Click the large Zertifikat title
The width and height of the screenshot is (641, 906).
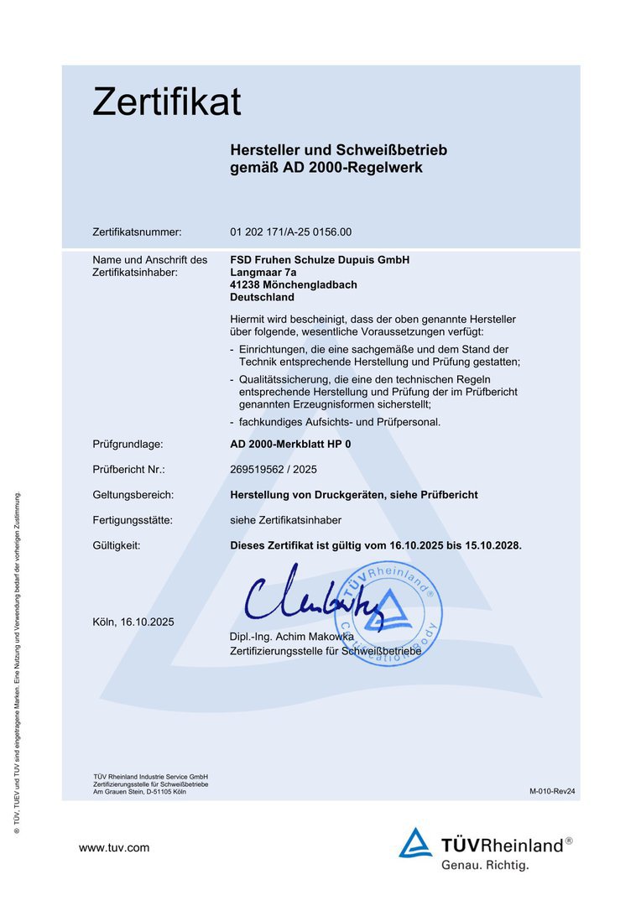166,102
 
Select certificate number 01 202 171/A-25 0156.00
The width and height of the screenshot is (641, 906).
290,232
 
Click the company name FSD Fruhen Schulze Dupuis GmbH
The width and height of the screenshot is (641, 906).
320,260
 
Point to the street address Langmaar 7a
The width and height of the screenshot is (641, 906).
263,272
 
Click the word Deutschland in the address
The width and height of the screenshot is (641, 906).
262,297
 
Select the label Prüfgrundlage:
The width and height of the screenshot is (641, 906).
128,444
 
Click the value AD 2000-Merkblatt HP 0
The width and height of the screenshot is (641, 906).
290,444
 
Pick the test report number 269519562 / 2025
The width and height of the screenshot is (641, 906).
274,469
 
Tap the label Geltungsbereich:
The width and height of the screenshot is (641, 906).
133,495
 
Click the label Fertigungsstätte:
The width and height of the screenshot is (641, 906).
133,520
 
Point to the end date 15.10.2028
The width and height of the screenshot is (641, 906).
488,545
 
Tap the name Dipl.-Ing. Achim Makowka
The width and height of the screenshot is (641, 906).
291,637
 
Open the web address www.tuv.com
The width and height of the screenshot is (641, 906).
114,847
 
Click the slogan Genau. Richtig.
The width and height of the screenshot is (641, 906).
485,864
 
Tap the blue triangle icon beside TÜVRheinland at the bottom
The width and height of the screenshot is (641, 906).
415,843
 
